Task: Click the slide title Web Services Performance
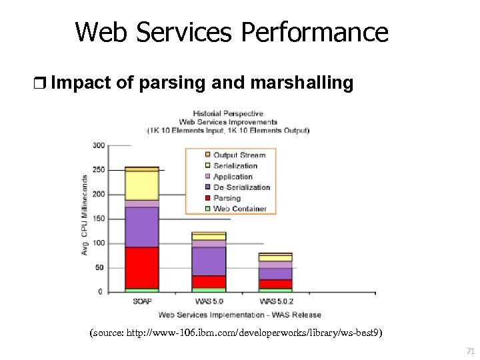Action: (231, 31)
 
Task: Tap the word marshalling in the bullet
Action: (301, 83)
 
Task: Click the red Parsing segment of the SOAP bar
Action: (141, 267)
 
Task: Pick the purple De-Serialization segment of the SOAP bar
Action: (141, 227)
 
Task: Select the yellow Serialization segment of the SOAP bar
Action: (141, 185)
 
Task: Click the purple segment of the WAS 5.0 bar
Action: (209, 261)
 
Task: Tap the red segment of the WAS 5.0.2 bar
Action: (275, 284)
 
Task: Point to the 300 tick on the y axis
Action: (98, 145)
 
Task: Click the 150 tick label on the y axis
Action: (98, 219)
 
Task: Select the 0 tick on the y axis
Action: (101, 292)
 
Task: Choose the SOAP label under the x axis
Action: (142, 301)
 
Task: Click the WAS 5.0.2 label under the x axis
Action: (275, 301)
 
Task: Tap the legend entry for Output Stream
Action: (239, 155)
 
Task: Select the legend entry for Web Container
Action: (239, 209)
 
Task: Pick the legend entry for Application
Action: (233, 177)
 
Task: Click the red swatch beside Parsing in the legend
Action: (207, 198)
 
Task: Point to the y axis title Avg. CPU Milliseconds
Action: (85, 215)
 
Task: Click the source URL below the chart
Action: (236, 332)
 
